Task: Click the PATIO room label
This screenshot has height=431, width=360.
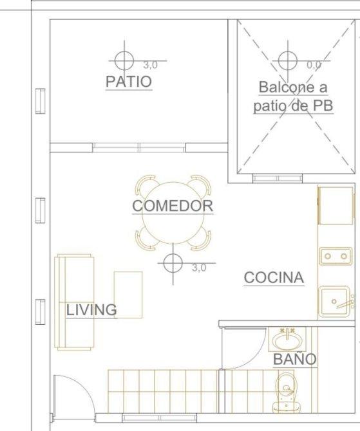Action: point(129,82)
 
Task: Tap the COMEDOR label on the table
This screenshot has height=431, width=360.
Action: point(173,206)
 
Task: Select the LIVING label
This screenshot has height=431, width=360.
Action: point(91,310)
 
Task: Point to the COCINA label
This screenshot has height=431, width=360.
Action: point(274,278)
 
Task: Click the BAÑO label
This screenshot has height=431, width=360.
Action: point(295,359)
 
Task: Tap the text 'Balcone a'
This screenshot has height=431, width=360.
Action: point(293,87)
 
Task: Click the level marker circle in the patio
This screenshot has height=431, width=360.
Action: point(124,60)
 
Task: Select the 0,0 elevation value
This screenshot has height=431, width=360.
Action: point(314,65)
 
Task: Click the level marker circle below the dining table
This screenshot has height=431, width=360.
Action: point(173,263)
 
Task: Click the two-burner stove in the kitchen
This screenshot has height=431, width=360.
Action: point(336,256)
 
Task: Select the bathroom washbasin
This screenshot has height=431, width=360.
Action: point(287,340)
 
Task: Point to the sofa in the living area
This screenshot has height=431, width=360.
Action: point(74,302)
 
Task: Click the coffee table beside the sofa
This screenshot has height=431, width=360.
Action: point(128,295)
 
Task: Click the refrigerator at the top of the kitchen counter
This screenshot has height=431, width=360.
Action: point(336,205)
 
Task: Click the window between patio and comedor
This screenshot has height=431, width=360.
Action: point(139,147)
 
